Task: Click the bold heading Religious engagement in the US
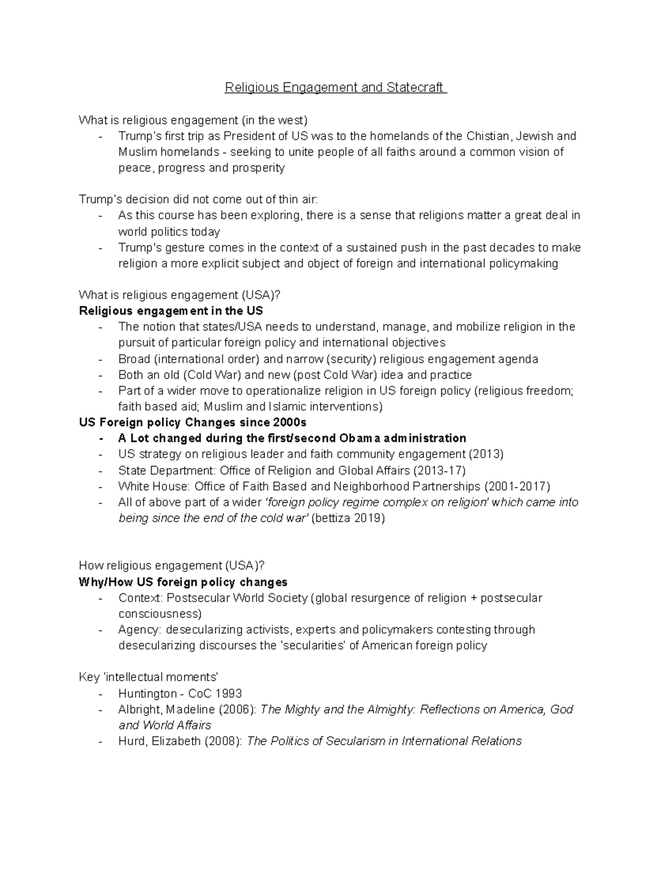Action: point(171,311)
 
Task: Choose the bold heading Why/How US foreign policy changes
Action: point(183,582)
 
